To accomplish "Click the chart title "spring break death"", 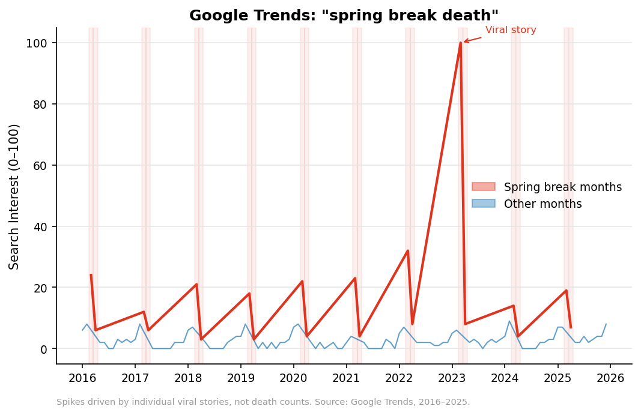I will tap(344, 16).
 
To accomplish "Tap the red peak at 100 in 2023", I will tap(461, 43).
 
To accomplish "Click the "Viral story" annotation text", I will tap(511, 30).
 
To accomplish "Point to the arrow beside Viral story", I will tap(472, 40).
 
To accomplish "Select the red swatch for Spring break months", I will tap(484, 187).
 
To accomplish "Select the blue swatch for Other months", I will tap(484, 204).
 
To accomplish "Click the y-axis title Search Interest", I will tap(14, 196).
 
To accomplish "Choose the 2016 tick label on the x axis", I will tap(82, 378).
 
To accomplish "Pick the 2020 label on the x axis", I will tap(293, 378).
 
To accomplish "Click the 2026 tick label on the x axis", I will tap(610, 378).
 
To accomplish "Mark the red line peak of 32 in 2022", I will tap(408, 250).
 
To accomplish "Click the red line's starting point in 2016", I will tap(91, 275).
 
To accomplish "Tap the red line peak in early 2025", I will tap(566, 291).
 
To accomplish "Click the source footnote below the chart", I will tap(263, 402).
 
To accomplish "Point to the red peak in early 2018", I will tap(196, 284).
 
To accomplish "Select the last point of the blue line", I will tap(606, 324).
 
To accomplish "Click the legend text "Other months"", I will tap(542, 204).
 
